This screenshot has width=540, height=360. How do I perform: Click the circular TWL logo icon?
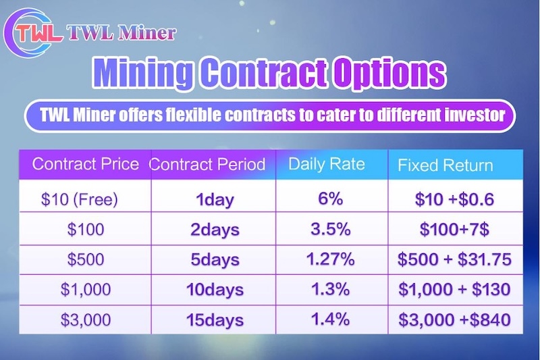[29, 32]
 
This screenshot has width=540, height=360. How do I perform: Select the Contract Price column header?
[86, 164]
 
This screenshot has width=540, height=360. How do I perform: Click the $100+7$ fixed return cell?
[455, 229]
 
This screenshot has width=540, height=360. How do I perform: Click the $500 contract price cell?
[86, 260]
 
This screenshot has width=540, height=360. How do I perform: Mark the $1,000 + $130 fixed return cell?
[455, 290]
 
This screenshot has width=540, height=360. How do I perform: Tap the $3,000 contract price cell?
[86, 319]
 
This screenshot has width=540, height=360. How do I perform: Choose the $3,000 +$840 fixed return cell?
[455, 319]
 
